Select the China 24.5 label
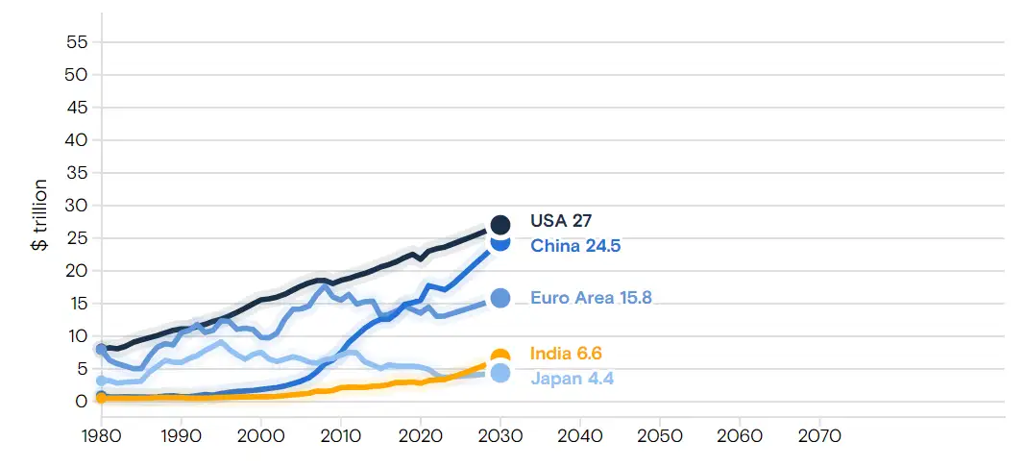click(x=575, y=246)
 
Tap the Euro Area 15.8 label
click(x=591, y=298)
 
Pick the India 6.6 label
click(x=566, y=354)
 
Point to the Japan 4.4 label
click(x=572, y=379)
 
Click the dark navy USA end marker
click(x=500, y=224)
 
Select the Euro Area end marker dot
click(x=500, y=298)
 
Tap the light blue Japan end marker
click(x=500, y=373)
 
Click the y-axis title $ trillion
click(x=39, y=214)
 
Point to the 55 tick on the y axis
click(x=77, y=42)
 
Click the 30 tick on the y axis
click(x=77, y=206)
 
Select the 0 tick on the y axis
click(x=83, y=402)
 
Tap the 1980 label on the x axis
click(x=101, y=436)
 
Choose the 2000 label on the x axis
click(x=260, y=436)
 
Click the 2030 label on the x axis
click(x=500, y=436)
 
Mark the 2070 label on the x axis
click(x=818, y=436)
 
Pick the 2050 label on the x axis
click(x=659, y=436)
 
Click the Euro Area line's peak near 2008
click(x=325, y=286)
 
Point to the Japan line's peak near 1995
click(x=222, y=342)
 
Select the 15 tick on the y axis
click(x=77, y=304)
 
